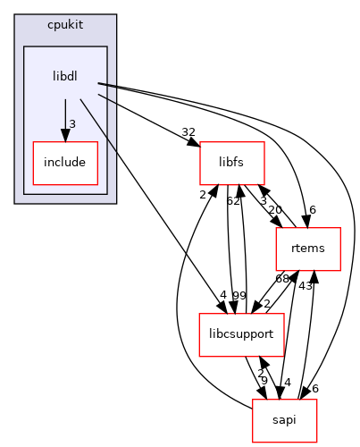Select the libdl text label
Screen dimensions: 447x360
tap(65, 76)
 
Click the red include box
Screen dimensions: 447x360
tap(65, 164)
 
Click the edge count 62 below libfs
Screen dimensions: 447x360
tap(231, 201)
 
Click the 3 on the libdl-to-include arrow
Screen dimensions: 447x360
tap(71, 122)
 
